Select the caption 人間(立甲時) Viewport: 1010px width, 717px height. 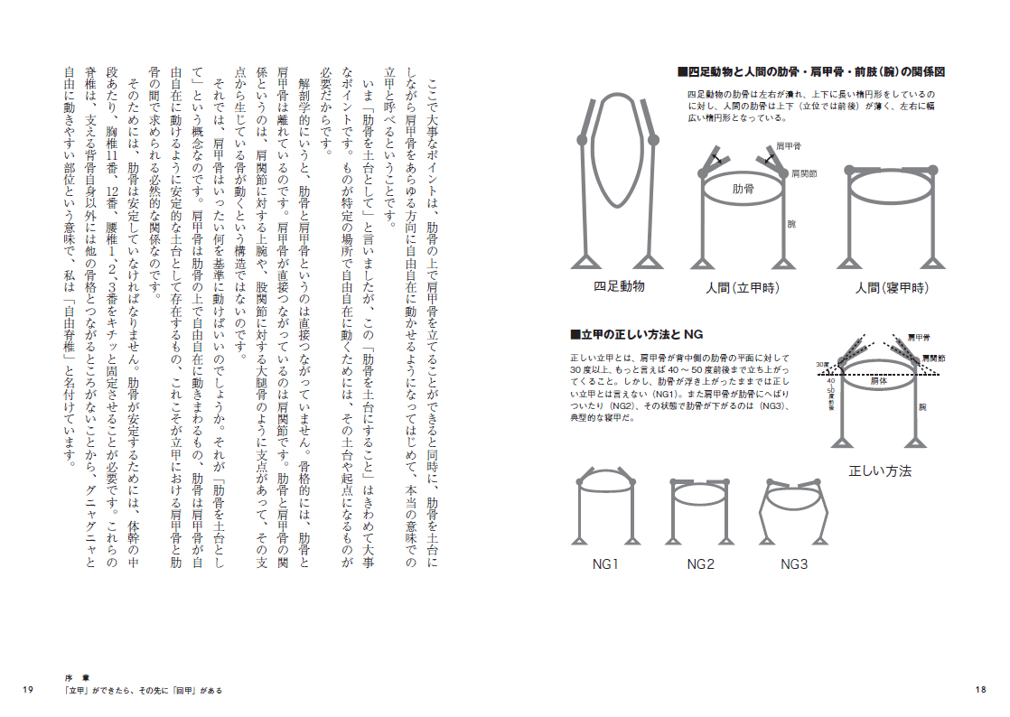pyautogui.click(x=742, y=288)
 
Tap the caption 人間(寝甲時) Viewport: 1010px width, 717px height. pyautogui.click(x=892, y=288)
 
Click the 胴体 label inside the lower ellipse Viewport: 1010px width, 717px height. pyautogui.click(x=879, y=382)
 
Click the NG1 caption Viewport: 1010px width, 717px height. pyautogui.click(x=605, y=564)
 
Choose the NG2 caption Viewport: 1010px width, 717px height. pyautogui.click(x=700, y=564)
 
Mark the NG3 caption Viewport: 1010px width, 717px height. pyautogui.click(x=795, y=564)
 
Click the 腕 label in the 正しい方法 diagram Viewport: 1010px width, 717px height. pyautogui.click(x=921, y=407)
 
